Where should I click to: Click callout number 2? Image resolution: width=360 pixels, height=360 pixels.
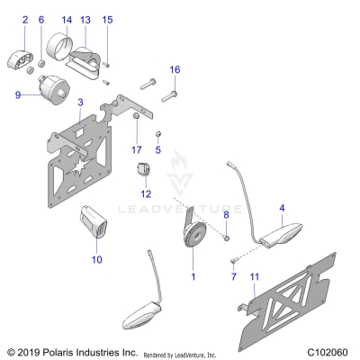[x=24, y=19]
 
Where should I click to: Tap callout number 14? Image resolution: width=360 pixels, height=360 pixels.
[x=67, y=19]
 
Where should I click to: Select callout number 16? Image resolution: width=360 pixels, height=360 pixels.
[x=175, y=69]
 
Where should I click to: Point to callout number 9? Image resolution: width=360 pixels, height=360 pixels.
[x=17, y=94]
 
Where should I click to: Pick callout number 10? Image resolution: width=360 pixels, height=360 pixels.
[x=98, y=259]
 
